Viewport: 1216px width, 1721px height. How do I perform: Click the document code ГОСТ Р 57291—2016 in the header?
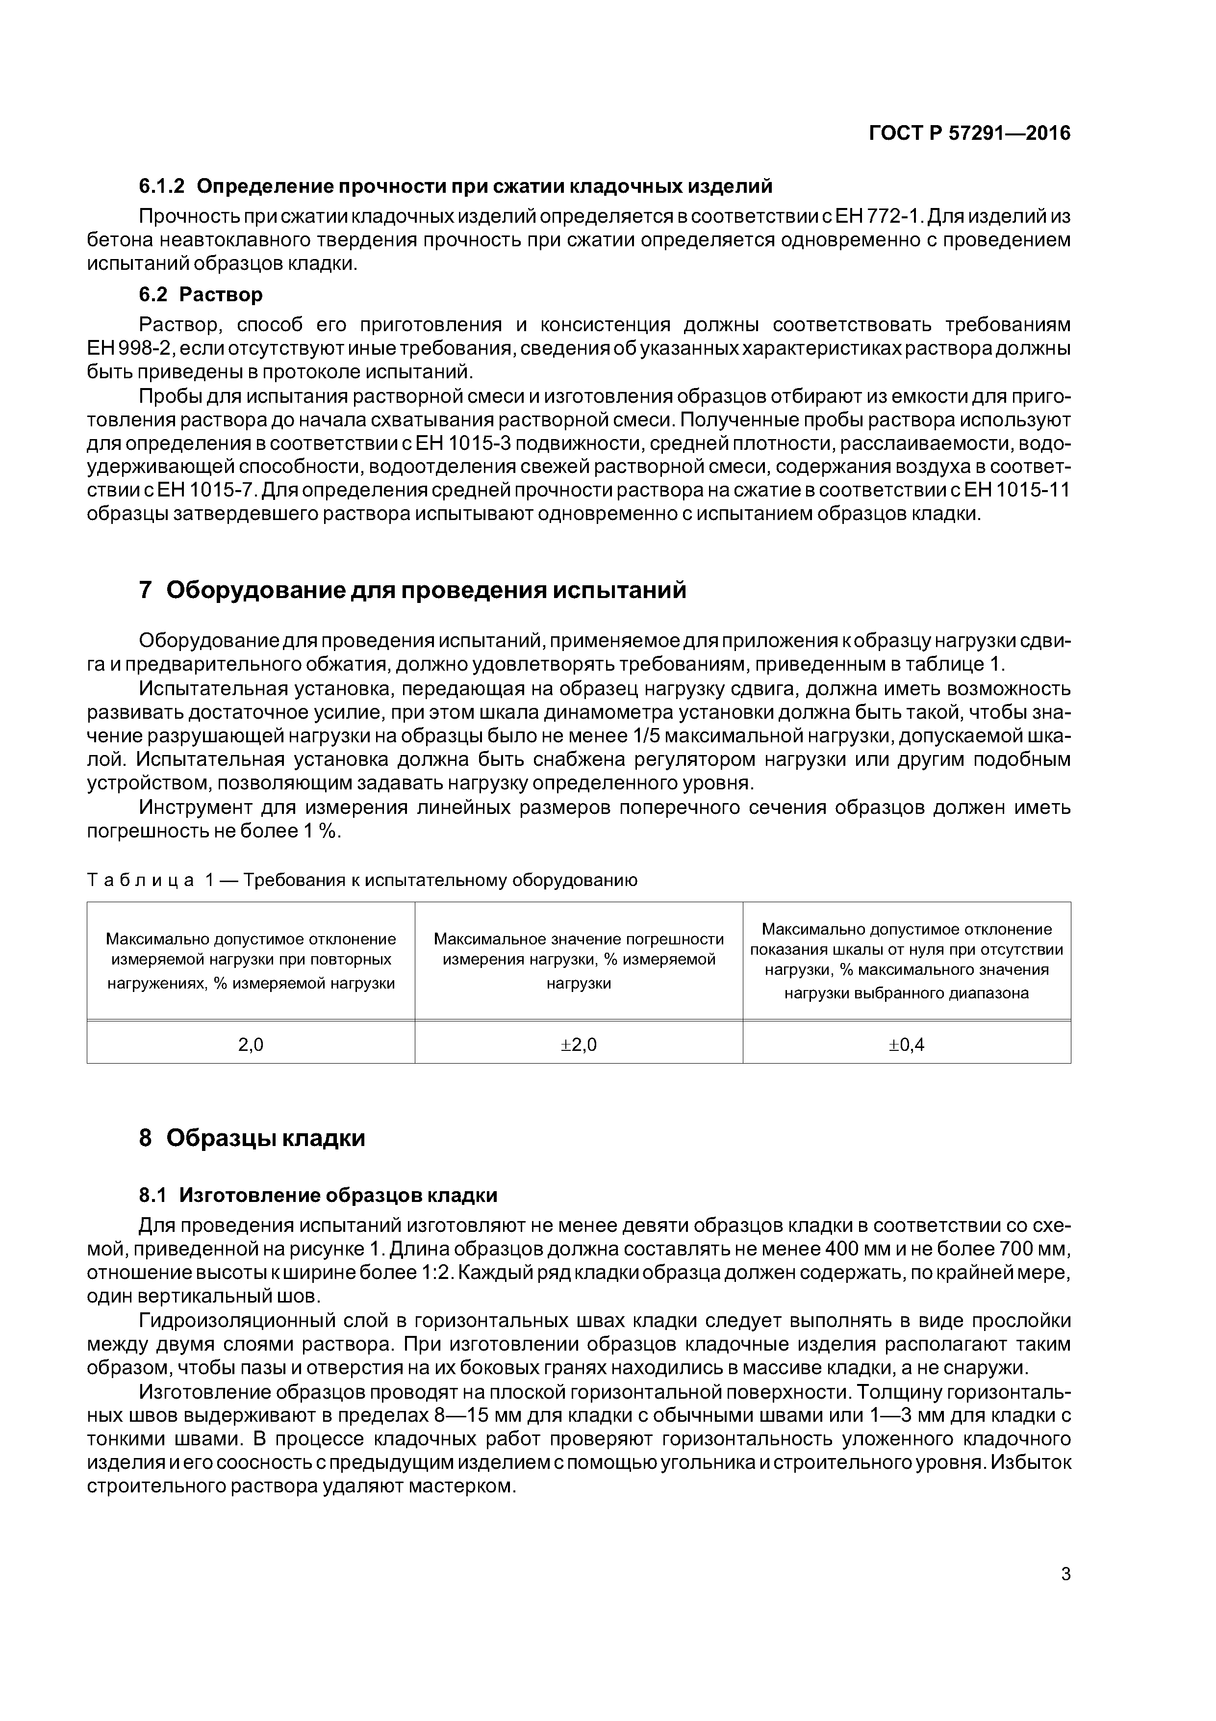(x=969, y=133)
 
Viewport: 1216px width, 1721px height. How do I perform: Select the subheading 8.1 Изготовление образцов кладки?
(x=318, y=1195)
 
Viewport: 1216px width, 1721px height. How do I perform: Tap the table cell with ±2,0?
(x=579, y=1044)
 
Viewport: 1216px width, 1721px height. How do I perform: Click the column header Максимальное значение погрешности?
(x=579, y=961)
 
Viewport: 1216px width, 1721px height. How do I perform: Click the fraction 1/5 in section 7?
(x=649, y=736)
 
